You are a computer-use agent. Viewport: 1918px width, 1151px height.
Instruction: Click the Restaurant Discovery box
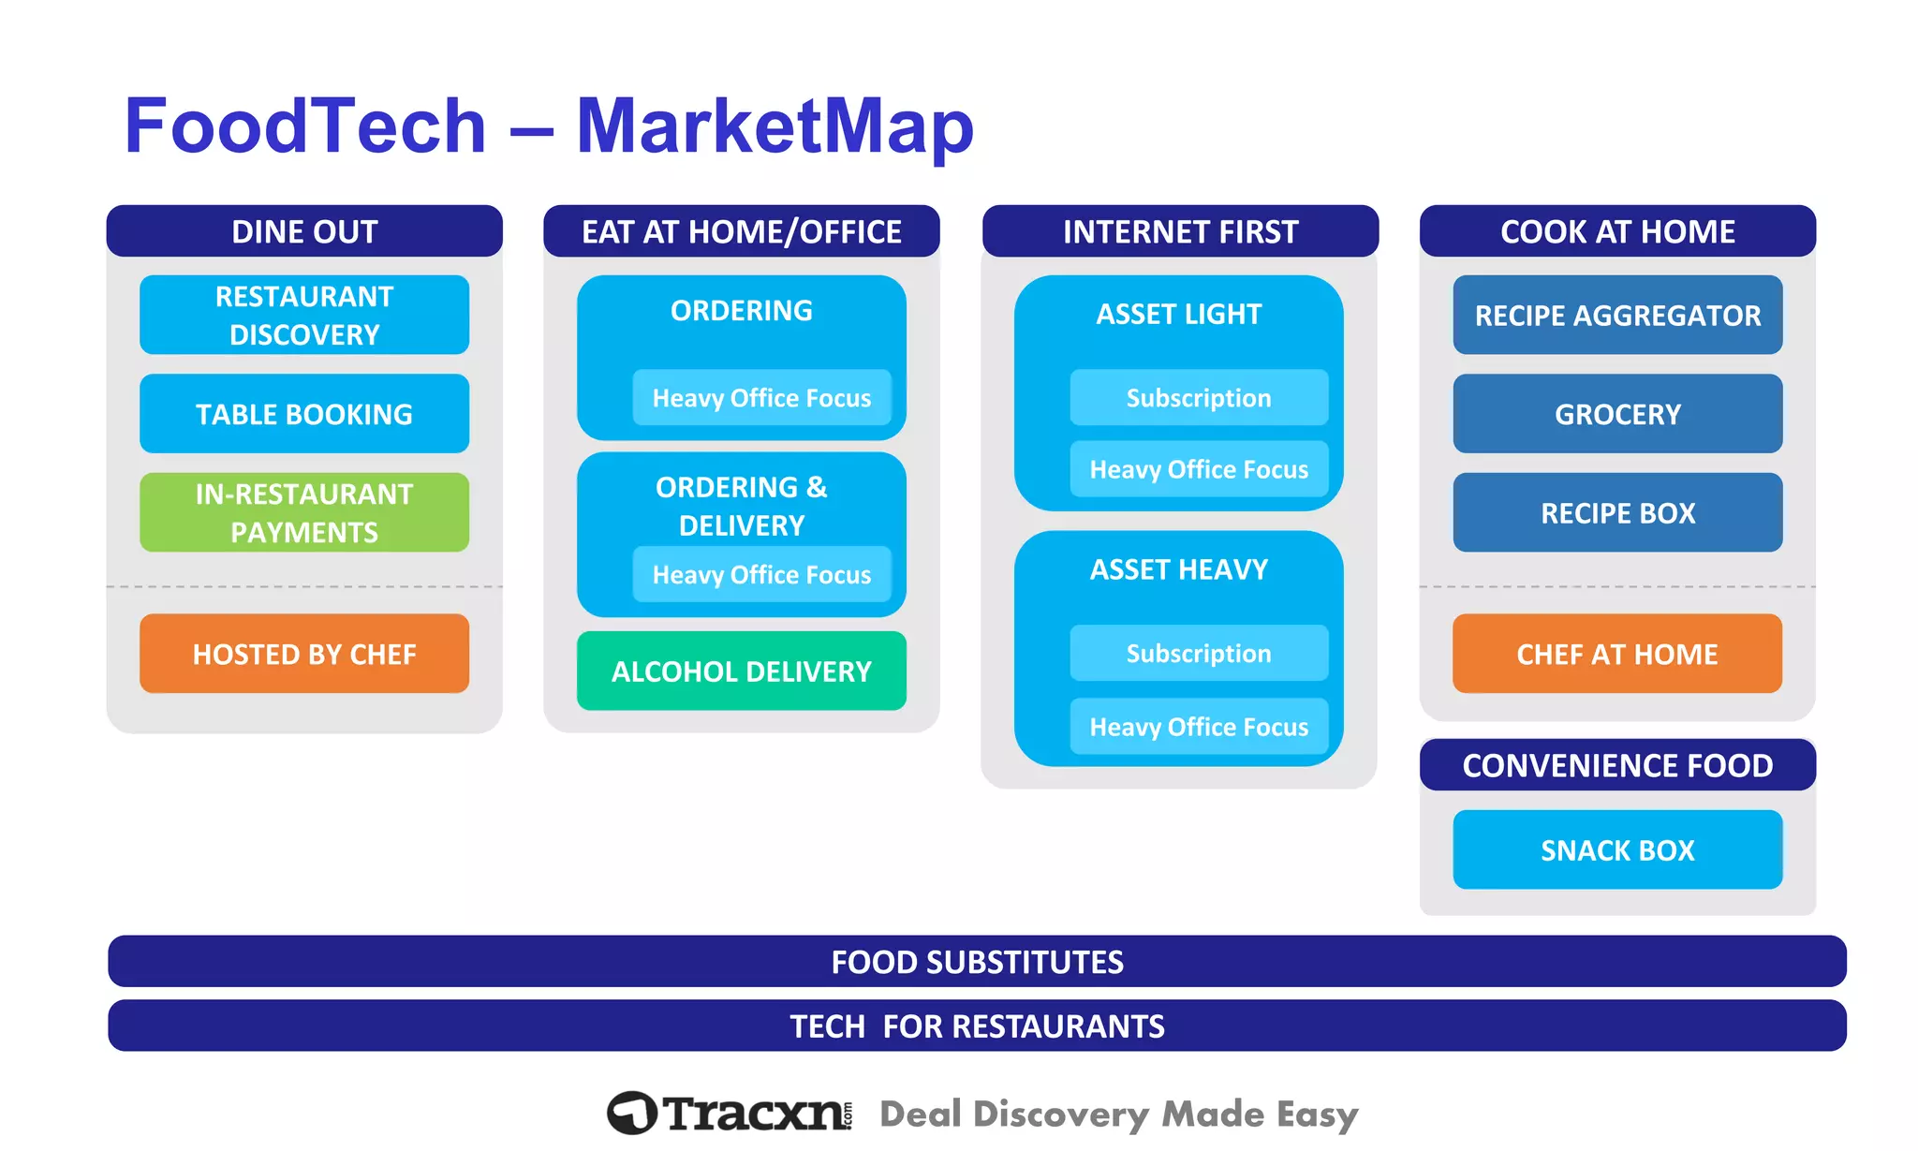304,315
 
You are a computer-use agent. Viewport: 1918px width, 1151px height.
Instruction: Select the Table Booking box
304,414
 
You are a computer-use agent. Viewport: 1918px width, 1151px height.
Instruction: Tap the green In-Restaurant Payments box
304,512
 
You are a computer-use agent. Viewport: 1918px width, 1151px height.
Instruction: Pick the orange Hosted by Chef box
304,654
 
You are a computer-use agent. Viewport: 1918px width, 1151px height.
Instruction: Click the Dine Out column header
304,231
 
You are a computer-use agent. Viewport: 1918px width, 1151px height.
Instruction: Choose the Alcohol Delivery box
741,671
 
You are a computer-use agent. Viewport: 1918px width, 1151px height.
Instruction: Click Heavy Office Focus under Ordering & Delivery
761,574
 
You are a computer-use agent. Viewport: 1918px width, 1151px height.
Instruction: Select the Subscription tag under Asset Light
1199,398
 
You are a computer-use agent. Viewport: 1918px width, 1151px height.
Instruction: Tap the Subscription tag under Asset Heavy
1199,653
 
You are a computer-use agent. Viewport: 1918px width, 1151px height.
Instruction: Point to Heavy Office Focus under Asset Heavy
1199,727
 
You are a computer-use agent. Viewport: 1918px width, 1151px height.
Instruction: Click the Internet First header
1180,231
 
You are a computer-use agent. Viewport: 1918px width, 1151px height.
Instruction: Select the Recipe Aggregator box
1617,316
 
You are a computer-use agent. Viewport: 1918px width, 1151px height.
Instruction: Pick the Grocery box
1617,414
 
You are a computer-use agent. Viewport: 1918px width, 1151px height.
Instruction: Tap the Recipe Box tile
1617,513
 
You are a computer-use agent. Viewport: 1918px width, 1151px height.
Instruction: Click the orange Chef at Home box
1617,654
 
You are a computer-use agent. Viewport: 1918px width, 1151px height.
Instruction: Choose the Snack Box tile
1617,850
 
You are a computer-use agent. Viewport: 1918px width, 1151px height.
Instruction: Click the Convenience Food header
1617,765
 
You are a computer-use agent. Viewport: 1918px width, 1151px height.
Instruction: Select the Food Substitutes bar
977,962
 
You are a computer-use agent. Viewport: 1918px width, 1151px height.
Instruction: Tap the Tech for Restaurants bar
977,1026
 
